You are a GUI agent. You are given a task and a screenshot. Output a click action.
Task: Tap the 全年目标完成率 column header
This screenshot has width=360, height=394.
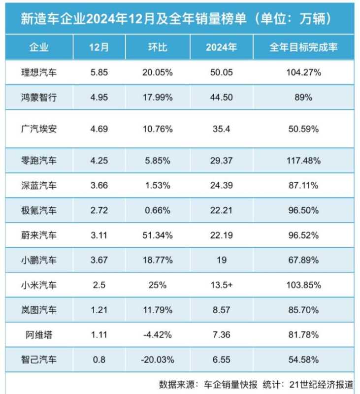pos(303,48)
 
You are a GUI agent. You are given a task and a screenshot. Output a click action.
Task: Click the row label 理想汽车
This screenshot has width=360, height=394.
pos(39,73)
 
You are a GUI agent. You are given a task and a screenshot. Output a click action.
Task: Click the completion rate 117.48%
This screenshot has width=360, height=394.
pos(303,161)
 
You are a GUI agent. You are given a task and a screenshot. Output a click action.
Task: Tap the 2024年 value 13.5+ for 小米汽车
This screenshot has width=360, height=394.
pos(222,285)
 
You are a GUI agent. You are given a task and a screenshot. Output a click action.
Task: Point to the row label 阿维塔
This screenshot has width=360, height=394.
pos(39,335)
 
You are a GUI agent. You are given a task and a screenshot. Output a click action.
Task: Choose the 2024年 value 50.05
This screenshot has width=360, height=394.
pos(221,73)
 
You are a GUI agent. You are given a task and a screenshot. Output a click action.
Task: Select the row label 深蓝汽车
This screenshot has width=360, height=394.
pos(39,186)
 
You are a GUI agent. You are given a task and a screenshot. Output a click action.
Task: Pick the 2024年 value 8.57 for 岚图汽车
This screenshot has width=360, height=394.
pos(221,310)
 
